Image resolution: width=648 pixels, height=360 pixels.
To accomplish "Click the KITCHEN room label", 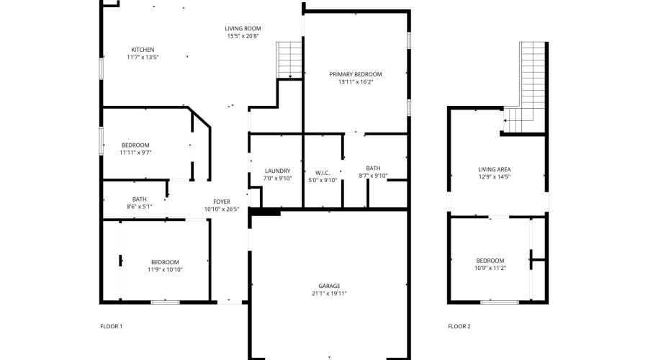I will (x=142, y=50).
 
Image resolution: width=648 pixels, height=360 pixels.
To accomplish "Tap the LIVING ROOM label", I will (x=243, y=28).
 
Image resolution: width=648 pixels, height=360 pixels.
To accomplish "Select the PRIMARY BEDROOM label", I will (x=355, y=74).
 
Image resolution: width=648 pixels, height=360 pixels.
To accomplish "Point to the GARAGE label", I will (x=329, y=286).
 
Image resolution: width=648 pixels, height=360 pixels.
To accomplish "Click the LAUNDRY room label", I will (x=276, y=171).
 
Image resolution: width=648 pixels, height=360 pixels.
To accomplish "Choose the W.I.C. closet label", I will (x=322, y=172).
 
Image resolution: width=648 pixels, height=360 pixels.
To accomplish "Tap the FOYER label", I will (x=221, y=202).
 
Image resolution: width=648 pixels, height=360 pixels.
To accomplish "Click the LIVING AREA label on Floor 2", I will (x=494, y=170).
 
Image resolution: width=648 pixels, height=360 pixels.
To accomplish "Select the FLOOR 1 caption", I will (x=111, y=326).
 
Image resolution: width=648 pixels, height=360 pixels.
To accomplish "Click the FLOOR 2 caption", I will (x=459, y=326).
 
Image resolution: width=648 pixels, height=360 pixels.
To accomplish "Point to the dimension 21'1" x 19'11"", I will (x=329, y=294).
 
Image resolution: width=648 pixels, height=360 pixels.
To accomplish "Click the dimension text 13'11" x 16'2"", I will (x=355, y=82).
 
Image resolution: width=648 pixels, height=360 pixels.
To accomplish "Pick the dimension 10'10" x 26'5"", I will (x=221, y=210).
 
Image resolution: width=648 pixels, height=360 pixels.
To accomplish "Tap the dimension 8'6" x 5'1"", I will (x=139, y=207).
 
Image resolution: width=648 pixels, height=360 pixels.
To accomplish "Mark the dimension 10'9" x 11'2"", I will (x=490, y=268).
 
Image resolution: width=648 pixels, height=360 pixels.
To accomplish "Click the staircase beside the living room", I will (x=289, y=60).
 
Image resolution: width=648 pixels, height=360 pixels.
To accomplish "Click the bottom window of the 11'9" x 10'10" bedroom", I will (x=165, y=302).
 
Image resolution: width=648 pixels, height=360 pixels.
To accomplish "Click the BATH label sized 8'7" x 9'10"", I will (x=372, y=168).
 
